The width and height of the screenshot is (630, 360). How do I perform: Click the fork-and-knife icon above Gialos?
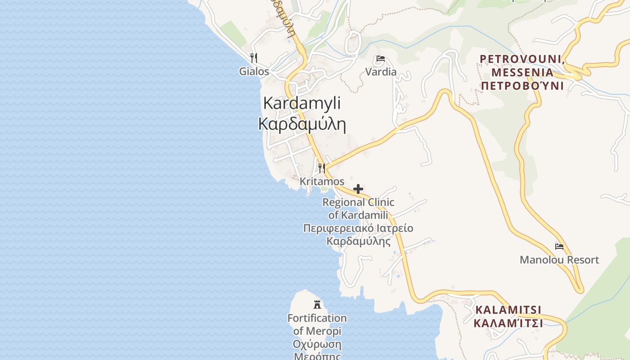point(254,58)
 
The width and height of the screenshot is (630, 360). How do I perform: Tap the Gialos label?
point(254,72)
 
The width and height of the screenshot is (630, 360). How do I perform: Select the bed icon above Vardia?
point(380,58)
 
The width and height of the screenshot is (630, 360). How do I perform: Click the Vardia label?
point(381,72)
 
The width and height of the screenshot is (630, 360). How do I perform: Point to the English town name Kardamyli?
point(301,103)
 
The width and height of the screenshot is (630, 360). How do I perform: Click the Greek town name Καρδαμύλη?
point(301,124)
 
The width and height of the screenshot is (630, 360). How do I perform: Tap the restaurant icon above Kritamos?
point(321,168)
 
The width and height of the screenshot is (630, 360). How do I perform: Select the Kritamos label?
point(322,182)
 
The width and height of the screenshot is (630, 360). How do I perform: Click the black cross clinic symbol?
point(358,189)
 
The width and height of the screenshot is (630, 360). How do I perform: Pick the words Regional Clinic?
point(358,202)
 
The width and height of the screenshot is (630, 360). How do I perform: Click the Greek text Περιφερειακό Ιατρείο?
point(358,228)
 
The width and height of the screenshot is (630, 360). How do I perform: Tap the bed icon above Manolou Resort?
point(559,246)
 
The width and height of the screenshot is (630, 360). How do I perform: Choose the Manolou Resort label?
point(559,260)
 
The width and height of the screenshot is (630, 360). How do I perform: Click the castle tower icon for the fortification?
point(317,305)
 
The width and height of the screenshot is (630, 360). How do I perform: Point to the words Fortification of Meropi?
point(317,324)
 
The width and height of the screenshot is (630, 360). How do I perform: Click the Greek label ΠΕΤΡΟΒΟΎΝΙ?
point(522,85)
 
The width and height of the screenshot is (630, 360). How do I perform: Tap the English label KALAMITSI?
point(508,310)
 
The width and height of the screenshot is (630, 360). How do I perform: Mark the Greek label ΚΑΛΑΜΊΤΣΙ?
point(508,323)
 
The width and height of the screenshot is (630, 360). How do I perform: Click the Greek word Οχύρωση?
point(317,345)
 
